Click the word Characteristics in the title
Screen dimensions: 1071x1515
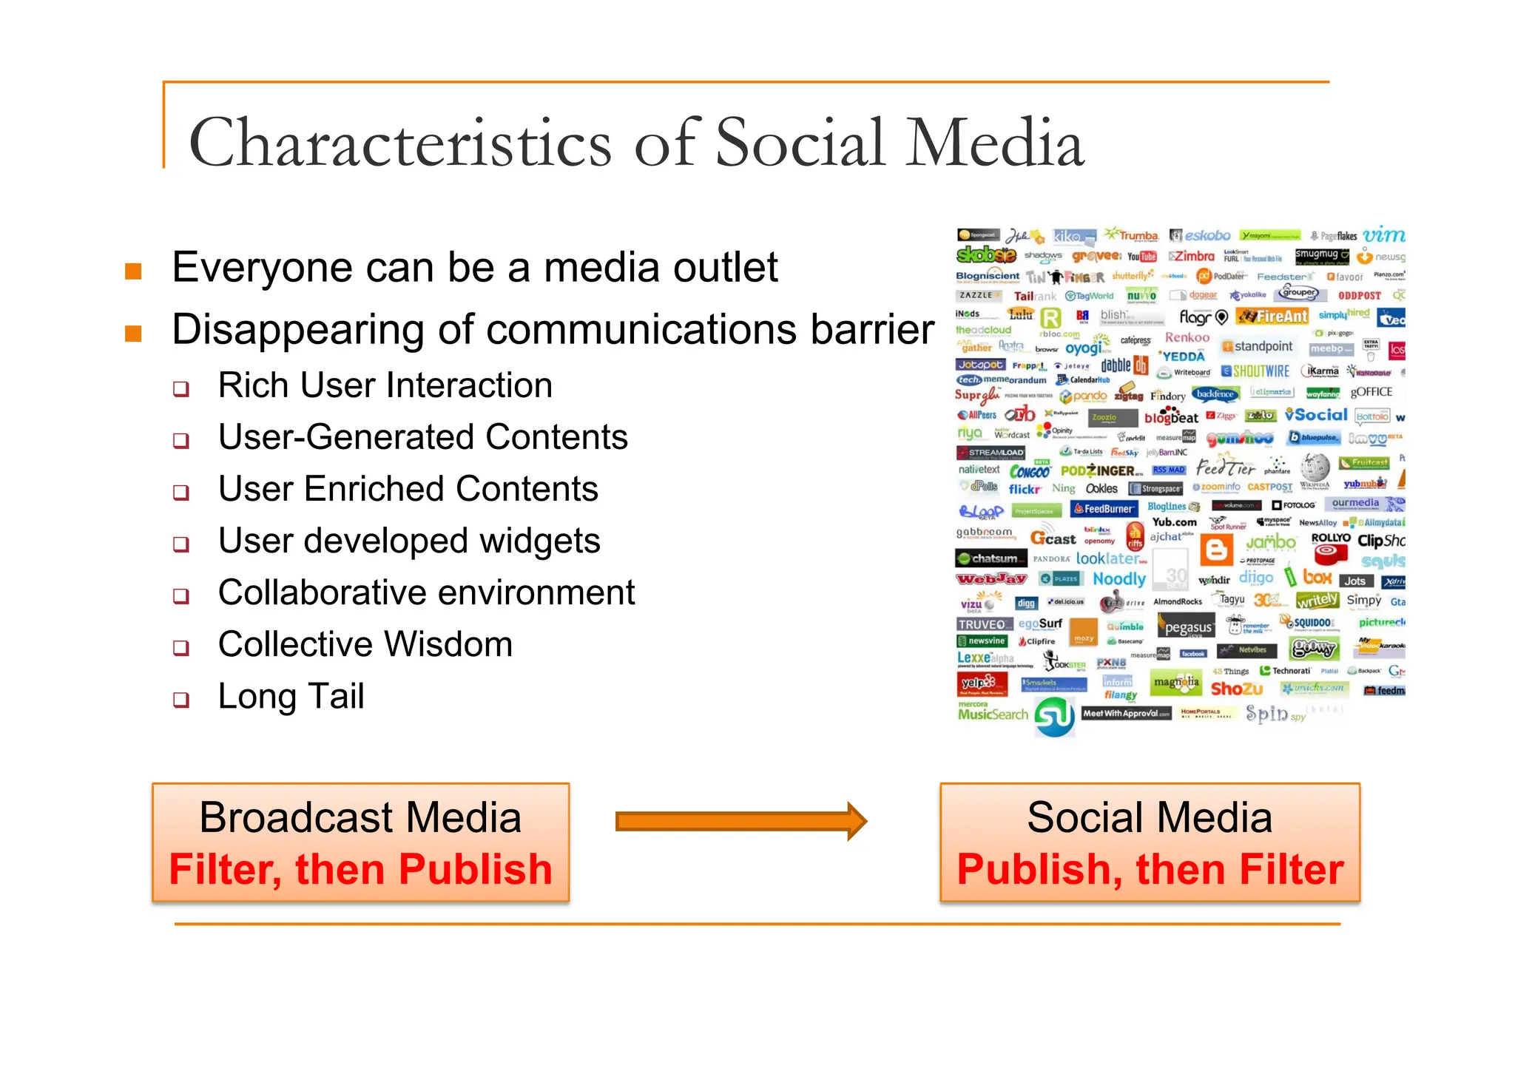click(x=399, y=143)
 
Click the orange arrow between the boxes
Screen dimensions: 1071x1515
click(x=740, y=821)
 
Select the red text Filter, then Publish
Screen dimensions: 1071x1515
click(x=360, y=869)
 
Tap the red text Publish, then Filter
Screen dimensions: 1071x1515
click(x=1150, y=869)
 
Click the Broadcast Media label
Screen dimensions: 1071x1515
click(x=360, y=817)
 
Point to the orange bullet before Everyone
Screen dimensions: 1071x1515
click(x=133, y=271)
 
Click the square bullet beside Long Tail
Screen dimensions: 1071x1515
click(x=180, y=700)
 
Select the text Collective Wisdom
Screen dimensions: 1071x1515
click(x=365, y=644)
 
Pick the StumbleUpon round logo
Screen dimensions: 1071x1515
click(x=1054, y=717)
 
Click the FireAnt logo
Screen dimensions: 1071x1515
click(x=1273, y=317)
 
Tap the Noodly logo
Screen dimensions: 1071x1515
click(x=1118, y=579)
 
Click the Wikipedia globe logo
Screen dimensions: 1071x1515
click(x=1315, y=467)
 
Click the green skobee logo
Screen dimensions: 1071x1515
click(x=985, y=255)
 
